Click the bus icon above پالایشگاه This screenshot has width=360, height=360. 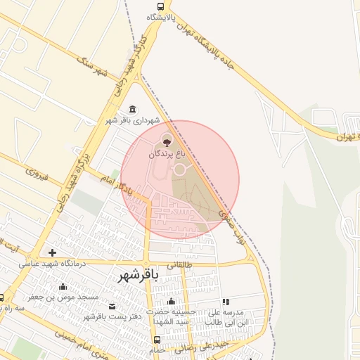pos(161,6)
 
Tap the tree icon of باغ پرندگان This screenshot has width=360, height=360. pos(167,140)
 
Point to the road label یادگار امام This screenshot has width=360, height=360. pos(116,184)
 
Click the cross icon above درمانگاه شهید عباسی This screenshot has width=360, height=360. pos(52,252)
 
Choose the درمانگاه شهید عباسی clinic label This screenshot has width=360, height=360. pos(51,263)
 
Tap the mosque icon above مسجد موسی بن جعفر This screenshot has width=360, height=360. pos(63,286)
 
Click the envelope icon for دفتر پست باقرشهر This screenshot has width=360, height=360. pos(112,306)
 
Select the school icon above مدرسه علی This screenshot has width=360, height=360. pos(226,302)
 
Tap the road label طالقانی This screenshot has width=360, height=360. pos(178,264)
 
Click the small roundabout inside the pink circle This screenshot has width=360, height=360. pos(179,169)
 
